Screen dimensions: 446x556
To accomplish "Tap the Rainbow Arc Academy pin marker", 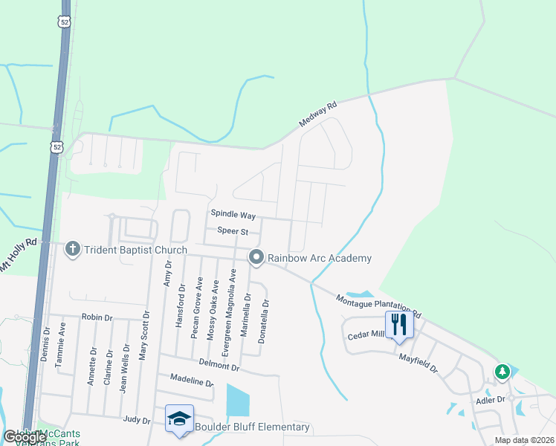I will [256, 257].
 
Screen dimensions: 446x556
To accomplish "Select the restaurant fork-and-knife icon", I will [398, 325].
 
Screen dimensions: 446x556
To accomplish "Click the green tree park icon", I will [503, 371].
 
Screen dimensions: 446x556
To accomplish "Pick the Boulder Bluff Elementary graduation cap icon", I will [178, 418].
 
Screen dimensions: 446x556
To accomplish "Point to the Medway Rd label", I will [318, 114].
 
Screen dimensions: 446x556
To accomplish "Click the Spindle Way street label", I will [233, 215].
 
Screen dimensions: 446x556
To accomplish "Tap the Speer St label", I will [232, 231].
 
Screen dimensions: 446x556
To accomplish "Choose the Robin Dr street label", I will [97, 317].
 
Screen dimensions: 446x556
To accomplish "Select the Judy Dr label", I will [137, 418].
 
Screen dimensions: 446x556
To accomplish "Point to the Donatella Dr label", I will [262, 321].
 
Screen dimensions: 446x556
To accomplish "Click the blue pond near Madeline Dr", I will [237, 400].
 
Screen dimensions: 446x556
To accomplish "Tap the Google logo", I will [25, 437].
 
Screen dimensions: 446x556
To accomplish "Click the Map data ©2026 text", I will [524, 440].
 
